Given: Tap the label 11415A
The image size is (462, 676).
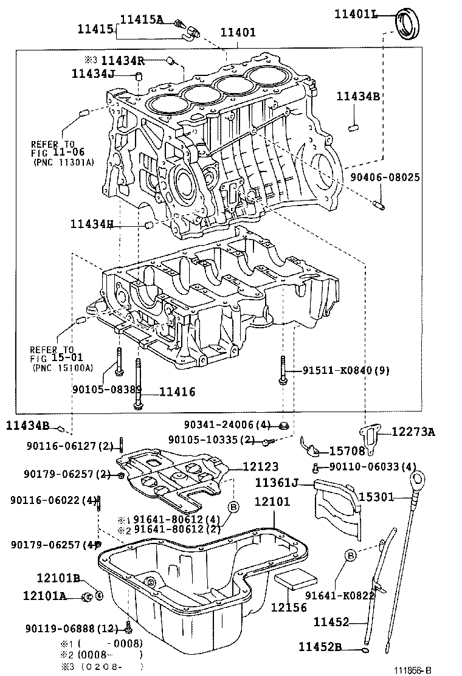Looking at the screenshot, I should coord(142,19).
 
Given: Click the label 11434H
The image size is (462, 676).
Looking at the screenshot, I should coord(92,224).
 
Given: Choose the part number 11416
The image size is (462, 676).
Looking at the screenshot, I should coord(178,392).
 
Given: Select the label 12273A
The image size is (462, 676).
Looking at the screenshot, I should coord(413,432).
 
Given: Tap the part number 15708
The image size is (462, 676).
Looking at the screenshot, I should coord(347,451).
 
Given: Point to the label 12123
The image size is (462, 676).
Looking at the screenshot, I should coord(261,466).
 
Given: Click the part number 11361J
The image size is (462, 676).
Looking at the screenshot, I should coord(276,483).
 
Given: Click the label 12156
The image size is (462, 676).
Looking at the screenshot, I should coord(289,607).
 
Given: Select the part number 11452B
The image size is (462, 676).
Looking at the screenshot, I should coord(320,646).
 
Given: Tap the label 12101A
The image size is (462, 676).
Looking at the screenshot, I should coord(44,596).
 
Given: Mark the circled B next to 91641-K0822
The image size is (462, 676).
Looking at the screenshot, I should coord(351,554).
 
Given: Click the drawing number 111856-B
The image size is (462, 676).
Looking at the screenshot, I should coord(412,670).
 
